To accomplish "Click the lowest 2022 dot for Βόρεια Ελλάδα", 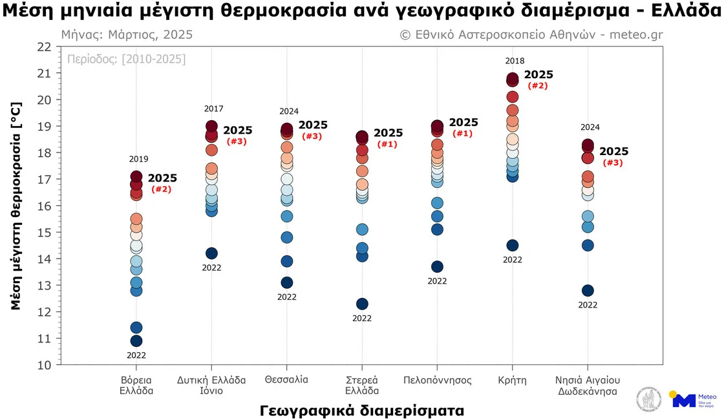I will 136,341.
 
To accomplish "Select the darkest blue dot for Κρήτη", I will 513,246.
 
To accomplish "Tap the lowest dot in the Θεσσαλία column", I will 287,282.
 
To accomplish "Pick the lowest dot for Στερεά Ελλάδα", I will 362,304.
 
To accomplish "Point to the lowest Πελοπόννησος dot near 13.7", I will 437,267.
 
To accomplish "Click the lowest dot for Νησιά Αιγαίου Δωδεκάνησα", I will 588,291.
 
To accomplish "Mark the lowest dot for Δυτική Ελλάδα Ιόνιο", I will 211,253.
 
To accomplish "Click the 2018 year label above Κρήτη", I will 515,61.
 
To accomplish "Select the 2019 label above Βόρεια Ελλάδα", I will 138,159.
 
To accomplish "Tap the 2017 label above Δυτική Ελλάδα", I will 214,109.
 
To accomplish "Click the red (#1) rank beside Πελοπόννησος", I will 462,134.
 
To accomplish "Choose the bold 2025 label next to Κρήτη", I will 538,75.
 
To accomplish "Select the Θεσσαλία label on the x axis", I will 286,379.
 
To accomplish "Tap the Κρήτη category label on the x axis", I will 513,380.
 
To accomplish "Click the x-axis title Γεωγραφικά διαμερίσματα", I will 362,410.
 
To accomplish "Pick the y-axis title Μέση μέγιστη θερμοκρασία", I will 17,205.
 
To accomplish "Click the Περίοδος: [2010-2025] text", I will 127,59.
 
